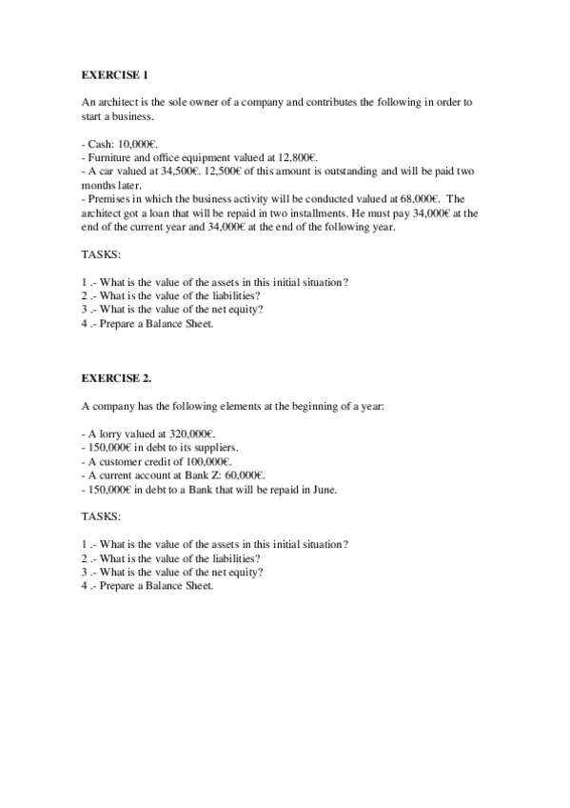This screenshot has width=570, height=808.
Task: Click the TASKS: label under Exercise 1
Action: pos(101,255)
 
